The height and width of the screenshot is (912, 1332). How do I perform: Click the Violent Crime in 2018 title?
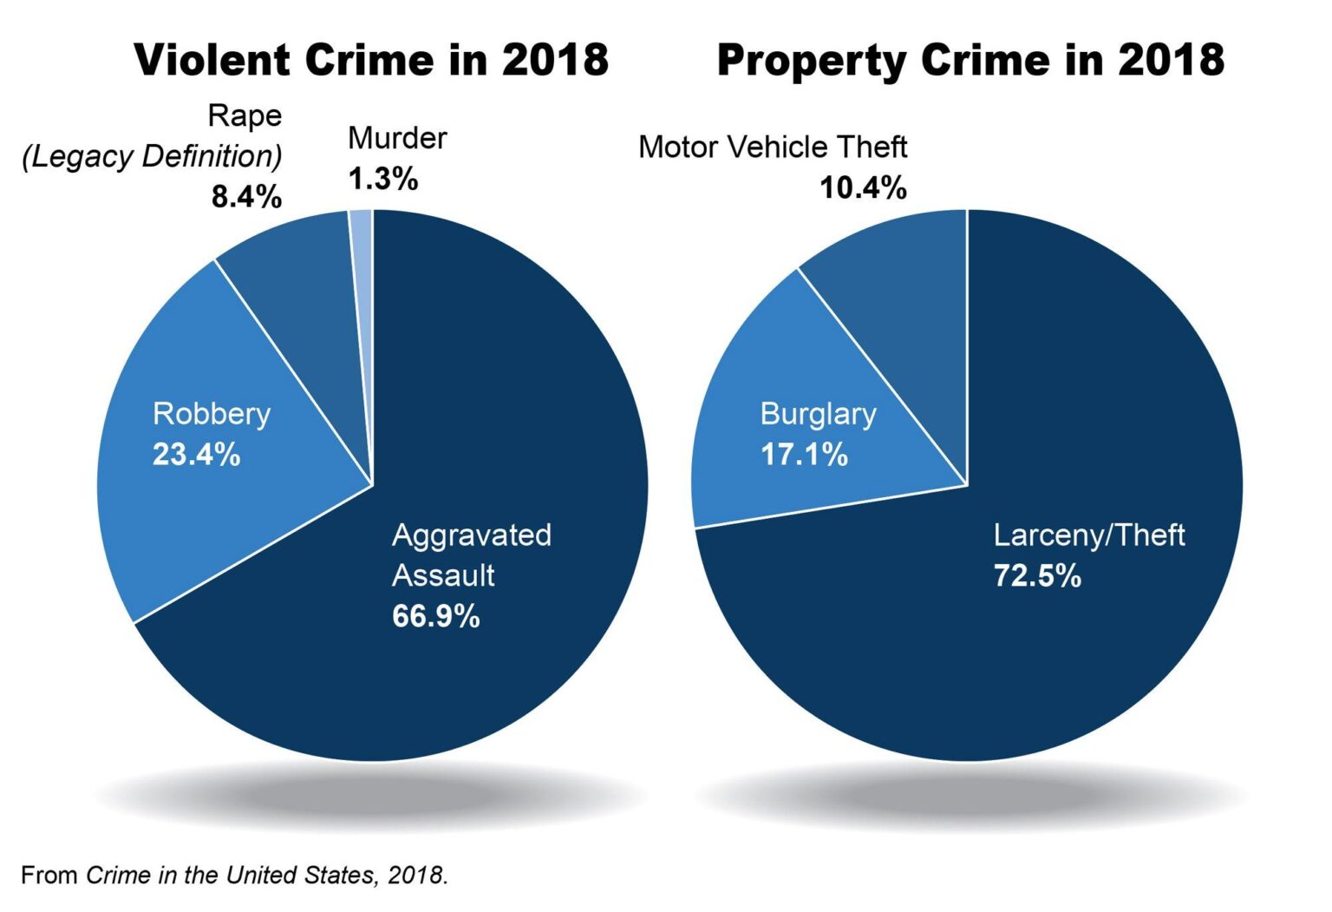(371, 60)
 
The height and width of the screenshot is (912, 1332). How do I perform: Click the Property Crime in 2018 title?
(970, 60)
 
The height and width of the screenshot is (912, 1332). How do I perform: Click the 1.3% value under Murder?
(382, 179)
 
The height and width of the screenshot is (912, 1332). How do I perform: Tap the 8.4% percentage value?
(246, 197)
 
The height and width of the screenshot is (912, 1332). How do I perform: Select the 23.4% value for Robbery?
(196, 454)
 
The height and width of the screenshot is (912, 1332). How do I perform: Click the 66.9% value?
(435, 616)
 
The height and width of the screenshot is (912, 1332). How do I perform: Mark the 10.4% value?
(863, 187)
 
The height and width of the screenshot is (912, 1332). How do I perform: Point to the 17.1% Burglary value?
(804, 454)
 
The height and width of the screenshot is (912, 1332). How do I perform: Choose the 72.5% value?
(1037, 575)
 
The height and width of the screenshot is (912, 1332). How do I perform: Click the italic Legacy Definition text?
(153, 156)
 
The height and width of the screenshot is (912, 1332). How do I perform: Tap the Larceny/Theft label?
(1088, 535)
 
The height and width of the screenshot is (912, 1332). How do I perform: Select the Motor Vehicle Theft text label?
(773, 147)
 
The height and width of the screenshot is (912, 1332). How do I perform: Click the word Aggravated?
(471, 535)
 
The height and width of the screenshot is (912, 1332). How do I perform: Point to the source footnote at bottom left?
(234, 875)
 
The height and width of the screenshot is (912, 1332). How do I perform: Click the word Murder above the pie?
(397, 138)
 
